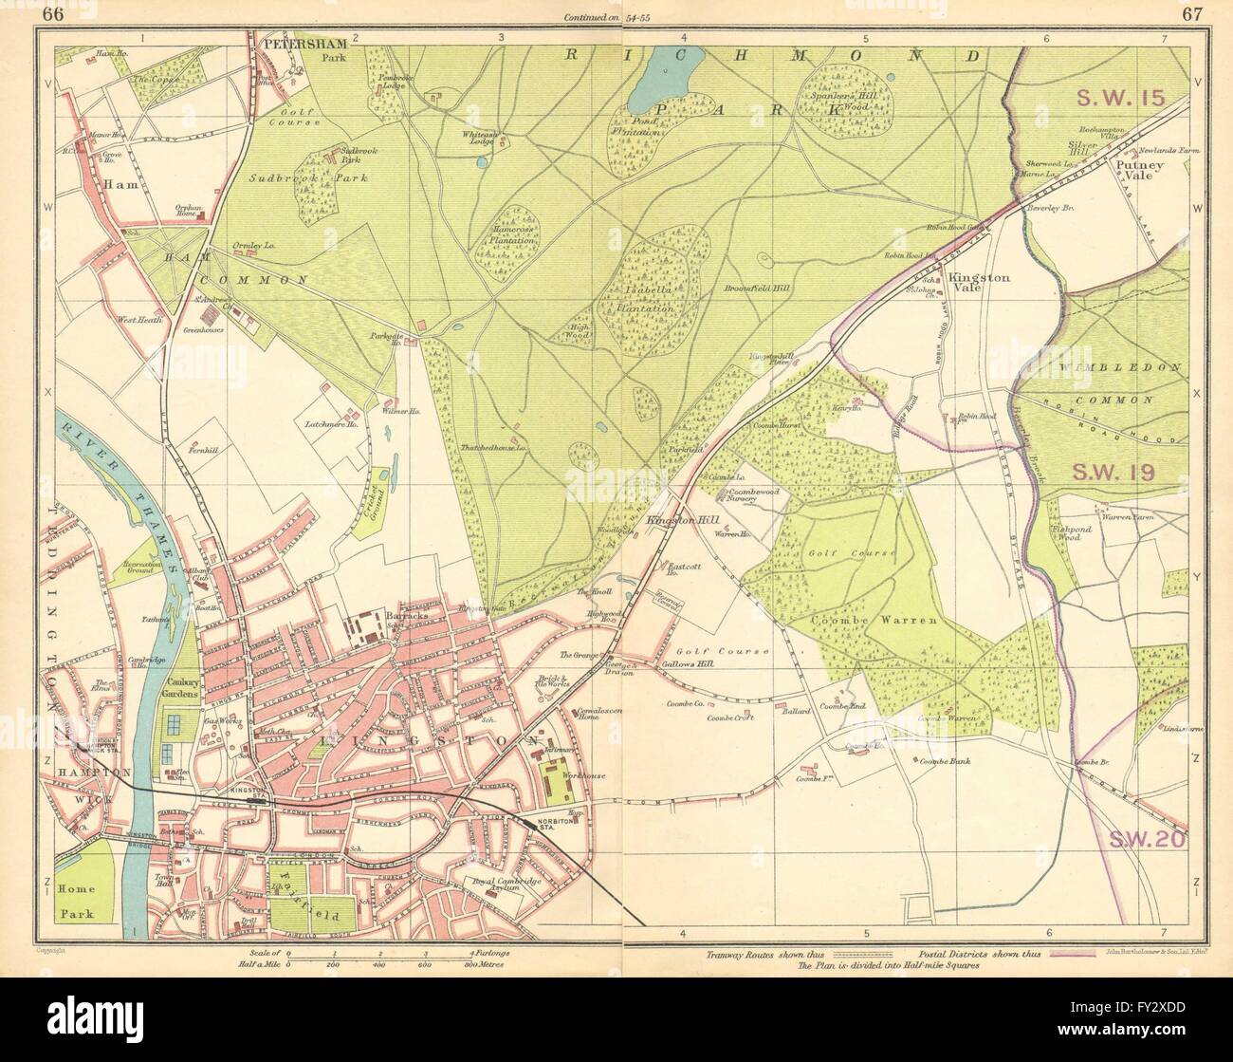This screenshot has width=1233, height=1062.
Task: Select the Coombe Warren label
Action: coord(873,620)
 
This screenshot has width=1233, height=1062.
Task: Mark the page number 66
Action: coord(54,14)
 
